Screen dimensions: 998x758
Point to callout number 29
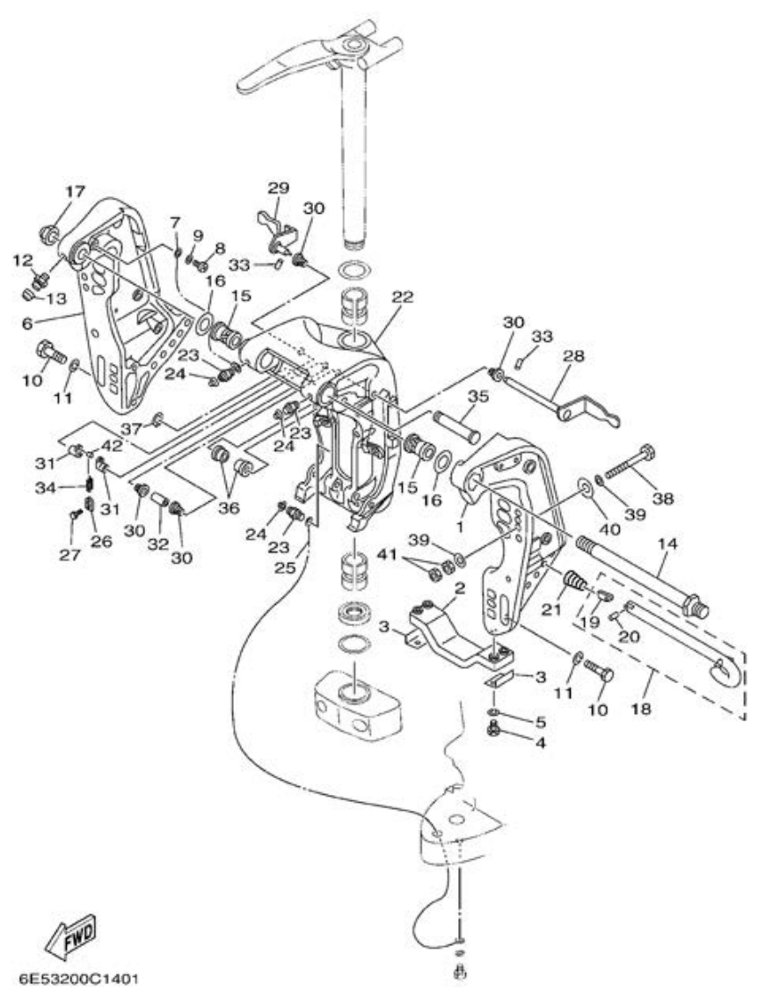pyautogui.click(x=278, y=188)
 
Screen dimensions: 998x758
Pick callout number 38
pyautogui.click(x=662, y=497)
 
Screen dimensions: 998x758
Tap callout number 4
pyautogui.click(x=539, y=742)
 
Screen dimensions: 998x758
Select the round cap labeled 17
pyautogui.click(x=49, y=234)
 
